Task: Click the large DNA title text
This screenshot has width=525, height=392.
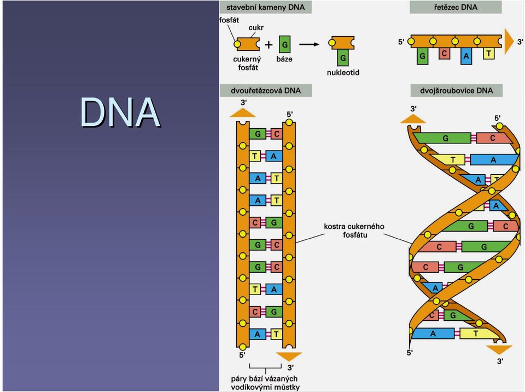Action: (x=120, y=112)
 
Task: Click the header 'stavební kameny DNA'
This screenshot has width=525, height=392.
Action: (x=266, y=7)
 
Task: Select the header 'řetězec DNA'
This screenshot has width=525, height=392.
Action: (x=456, y=7)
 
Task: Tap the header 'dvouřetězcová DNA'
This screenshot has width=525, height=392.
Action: (x=266, y=90)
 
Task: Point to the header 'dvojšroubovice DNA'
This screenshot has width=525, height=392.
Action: (x=456, y=90)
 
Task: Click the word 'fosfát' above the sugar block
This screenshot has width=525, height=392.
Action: (x=229, y=20)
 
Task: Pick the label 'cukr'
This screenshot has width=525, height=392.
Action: (x=256, y=27)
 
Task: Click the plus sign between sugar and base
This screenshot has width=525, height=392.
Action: (x=269, y=44)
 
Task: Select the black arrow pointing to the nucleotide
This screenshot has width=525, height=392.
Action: (x=309, y=44)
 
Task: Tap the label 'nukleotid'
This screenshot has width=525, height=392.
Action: (x=343, y=72)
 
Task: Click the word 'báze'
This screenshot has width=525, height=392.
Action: (x=284, y=59)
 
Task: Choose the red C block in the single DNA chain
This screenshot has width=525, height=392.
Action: (x=444, y=53)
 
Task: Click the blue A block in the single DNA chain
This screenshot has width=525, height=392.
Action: (x=466, y=56)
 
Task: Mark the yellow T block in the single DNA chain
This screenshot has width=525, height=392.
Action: (x=489, y=53)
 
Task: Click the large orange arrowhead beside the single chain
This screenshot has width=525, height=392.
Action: (x=509, y=41)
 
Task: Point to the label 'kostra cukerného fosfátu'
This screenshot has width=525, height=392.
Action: (x=354, y=230)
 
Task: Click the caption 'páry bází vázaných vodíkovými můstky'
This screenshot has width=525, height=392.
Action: (x=265, y=383)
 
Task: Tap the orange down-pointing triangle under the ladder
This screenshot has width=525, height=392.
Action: (x=289, y=356)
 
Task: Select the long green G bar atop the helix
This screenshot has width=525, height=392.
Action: (x=442, y=138)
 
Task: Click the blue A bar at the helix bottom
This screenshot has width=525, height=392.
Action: (x=433, y=333)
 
